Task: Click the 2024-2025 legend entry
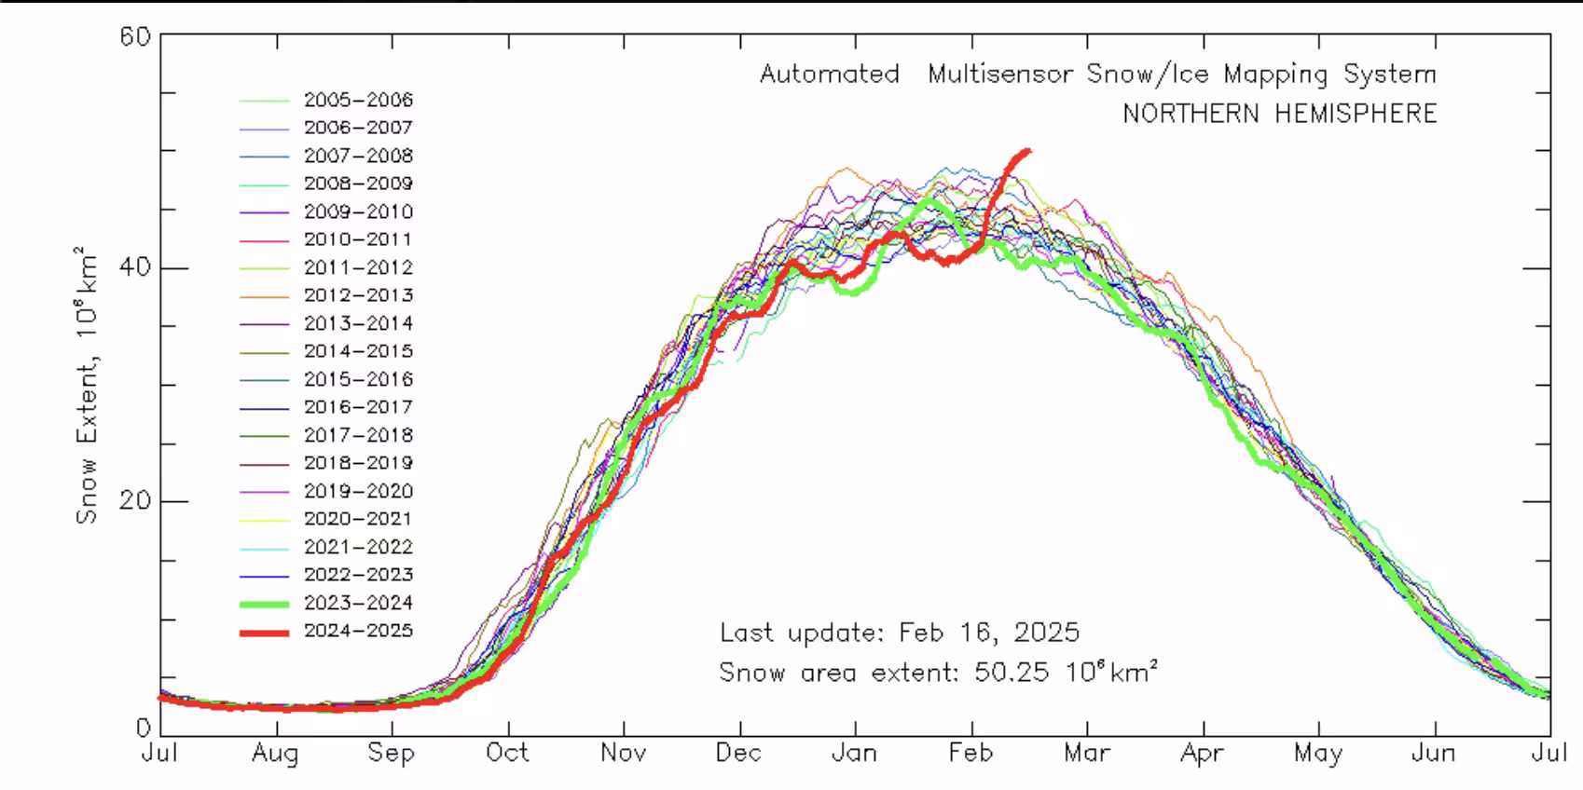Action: point(358,631)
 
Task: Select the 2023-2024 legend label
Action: point(358,603)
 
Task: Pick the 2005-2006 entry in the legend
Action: point(358,100)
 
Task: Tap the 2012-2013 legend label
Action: point(358,295)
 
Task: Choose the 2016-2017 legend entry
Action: point(358,407)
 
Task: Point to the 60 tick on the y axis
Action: point(135,36)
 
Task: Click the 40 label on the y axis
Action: point(135,268)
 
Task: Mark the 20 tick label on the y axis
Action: point(135,500)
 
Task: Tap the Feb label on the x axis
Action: point(970,753)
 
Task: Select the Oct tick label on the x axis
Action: point(508,753)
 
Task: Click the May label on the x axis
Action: point(1318,753)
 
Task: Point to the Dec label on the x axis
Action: point(739,753)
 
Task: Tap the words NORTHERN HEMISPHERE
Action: point(1279,114)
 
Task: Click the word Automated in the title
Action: point(829,75)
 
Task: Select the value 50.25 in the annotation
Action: point(1012,672)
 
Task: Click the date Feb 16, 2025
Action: point(989,633)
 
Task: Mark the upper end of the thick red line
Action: point(1028,150)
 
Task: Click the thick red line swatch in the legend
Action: point(264,633)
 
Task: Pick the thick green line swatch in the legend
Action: point(264,604)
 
